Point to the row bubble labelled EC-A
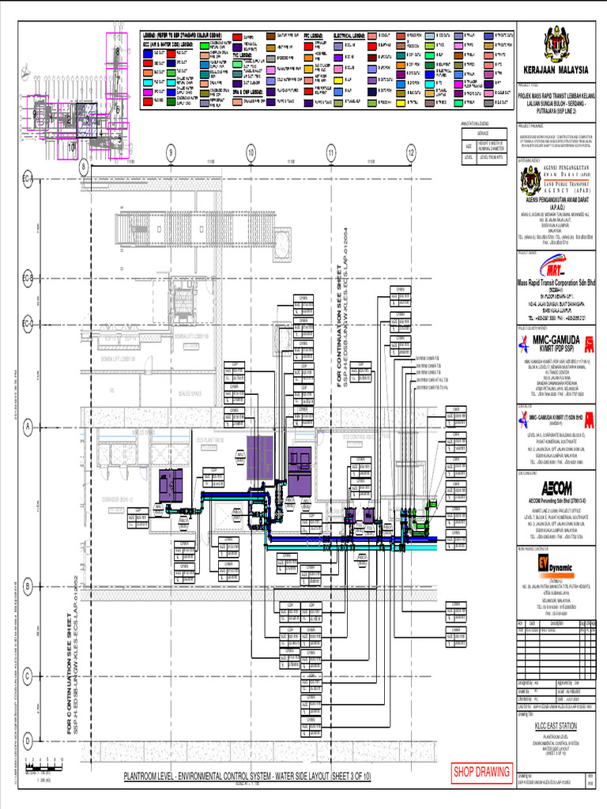[x=27, y=181]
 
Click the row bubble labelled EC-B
[x=27, y=279]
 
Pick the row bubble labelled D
[x=27, y=740]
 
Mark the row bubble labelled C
[x=27, y=675]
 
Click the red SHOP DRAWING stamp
[x=481, y=771]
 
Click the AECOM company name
[x=556, y=487]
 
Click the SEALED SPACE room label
[x=190, y=393]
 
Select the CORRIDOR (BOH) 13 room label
[x=115, y=499]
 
